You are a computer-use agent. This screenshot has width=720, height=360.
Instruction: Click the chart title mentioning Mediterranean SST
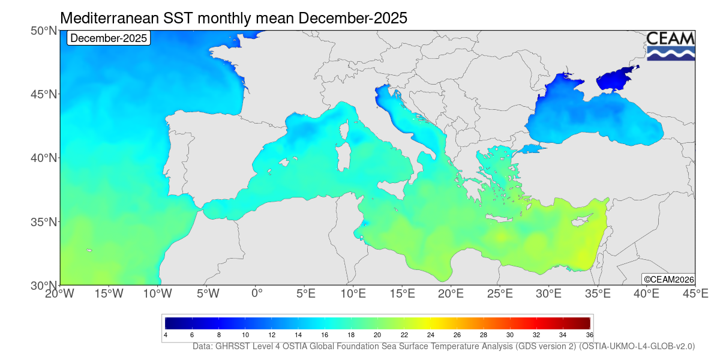pyautogui.click(x=233, y=19)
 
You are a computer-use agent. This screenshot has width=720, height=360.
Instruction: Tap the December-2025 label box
pyautogui.click(x=108, y=38)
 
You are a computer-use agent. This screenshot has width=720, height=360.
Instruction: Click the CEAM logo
pyautogui.click(x=670, y=46)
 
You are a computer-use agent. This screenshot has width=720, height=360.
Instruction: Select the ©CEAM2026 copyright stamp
pyautogui.click(x=668, y=279)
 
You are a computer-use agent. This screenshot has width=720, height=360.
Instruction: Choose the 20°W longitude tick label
pyautogui.click(x=60, y=294)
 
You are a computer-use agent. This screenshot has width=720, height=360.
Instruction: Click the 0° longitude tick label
pyautogui.click(x=257, y=294)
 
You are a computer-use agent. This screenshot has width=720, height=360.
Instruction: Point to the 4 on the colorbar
pyautogui.click(x=166, y=334)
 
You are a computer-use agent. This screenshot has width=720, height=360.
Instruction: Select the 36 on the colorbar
pyautogui.click(x=589, y=334)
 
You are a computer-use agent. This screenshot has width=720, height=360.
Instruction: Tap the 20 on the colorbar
pyautogui.click(x=377, y=334)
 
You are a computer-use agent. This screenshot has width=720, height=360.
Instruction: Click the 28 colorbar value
pyautogui.click(x=484, y=334)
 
